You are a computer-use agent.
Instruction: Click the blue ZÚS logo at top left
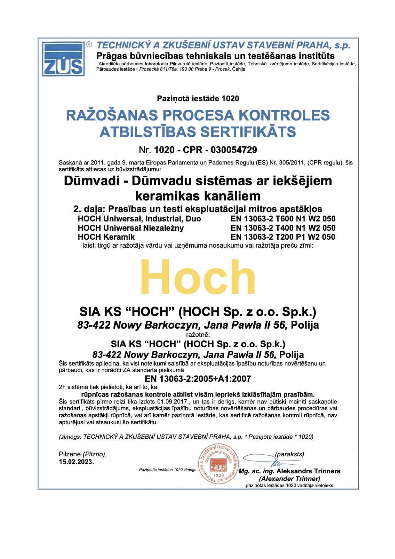(x=63, y=59)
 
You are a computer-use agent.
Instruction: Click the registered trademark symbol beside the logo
(x=89, y=45)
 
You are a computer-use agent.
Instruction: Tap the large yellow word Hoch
(x=198, y=277)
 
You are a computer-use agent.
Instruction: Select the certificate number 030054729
(x=234, y=150)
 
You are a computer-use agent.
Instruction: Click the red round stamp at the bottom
(x=218, y=464)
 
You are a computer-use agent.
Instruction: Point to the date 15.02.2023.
(x=76, y=462)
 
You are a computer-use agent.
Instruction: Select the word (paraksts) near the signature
(x=289, y=454)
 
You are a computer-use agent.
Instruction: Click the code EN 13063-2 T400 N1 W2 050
(x=283, y=228)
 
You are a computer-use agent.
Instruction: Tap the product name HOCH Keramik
(x=106, y=237)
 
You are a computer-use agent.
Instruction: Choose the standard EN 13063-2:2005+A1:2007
(x=198, y=379)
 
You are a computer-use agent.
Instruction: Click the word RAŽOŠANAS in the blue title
(x=112, y=115)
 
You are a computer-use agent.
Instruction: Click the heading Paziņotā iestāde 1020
(x=198, y=98)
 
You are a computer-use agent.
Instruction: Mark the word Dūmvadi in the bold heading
(x=91, y=181)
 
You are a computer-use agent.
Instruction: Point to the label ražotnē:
(x=198, y=335)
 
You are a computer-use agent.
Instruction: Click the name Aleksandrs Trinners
(x=308, y=471)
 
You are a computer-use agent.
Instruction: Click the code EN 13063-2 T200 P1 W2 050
(x=283, y=237)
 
